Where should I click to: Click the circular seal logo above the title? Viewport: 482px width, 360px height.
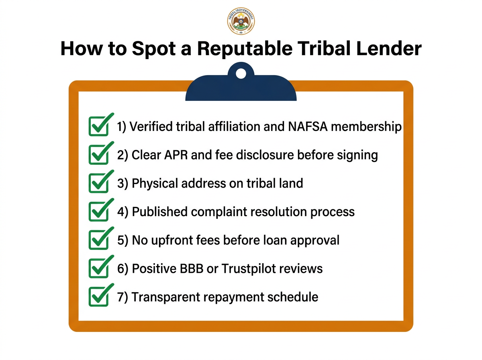pyautogui.click(x=241, y=21)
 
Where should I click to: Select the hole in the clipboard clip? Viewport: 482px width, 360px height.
pyautogui.click(x=241, y=74)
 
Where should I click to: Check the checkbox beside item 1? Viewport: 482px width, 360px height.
pyautogui.click(x=98, y=127)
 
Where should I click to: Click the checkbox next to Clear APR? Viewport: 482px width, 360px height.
pyautogui.click(x=98, y=155)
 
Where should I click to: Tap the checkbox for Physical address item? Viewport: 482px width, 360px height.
pyautogui.click(x=98, y=184)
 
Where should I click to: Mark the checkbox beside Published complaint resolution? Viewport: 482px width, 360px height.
pyautogui.click(x=98, y=212)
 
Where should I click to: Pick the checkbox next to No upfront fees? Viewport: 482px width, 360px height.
pyautogui.click(x=98, y=240)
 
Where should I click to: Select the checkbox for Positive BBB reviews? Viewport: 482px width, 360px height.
pyautogui.click(x=98, y=268)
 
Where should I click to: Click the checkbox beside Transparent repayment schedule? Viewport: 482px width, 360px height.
pyautogui.click(x=98, y=297)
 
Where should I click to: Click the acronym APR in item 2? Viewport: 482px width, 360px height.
pyautogui.click(x=174, y=155)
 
